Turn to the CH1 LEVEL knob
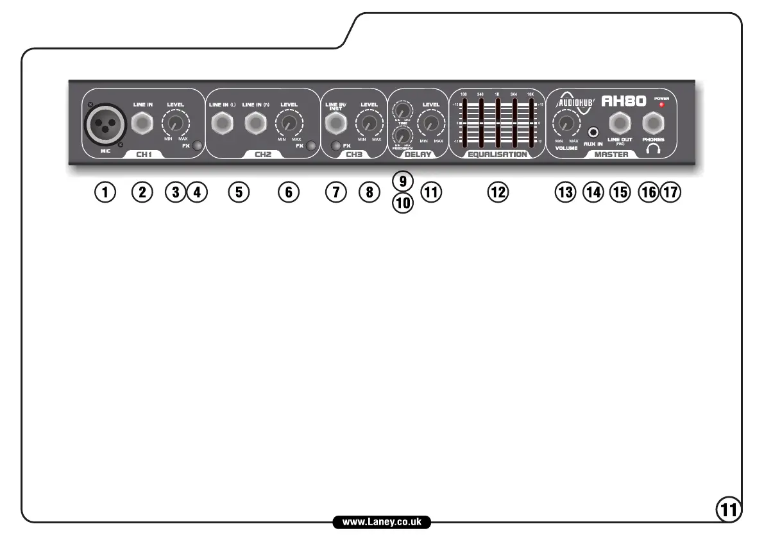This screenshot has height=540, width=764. [175, 122]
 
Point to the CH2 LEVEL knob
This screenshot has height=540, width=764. [288, 122]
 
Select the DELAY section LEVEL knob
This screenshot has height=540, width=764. [431, 122]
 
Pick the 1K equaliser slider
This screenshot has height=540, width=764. [497, 122]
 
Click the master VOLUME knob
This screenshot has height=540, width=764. [566, 122]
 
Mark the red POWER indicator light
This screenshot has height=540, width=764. [661, 104]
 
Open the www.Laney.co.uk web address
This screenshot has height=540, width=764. [382, 522]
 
